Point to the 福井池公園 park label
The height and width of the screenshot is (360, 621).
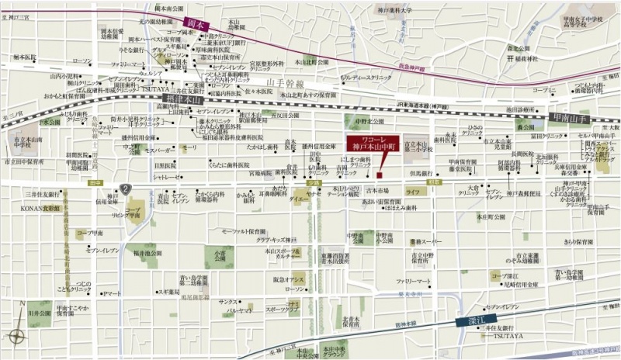coord(146,252)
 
